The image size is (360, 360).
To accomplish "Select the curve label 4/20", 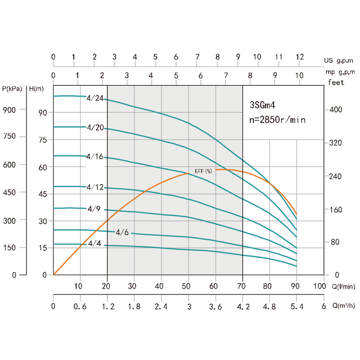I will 95,128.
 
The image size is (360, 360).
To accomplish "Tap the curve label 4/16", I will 95,157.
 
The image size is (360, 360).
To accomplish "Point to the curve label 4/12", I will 95,187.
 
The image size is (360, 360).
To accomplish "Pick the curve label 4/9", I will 94,209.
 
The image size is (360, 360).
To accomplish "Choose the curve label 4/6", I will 122,233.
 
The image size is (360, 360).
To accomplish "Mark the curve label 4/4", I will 94,243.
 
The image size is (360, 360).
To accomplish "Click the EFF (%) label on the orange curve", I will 203,171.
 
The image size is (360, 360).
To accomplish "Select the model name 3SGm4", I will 262,105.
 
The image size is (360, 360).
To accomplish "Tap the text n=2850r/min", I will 278,120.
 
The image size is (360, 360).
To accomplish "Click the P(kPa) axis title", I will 13,89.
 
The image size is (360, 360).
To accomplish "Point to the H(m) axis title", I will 36,89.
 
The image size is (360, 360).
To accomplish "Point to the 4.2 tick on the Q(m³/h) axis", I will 243,306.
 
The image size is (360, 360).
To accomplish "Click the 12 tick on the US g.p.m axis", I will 300,57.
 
